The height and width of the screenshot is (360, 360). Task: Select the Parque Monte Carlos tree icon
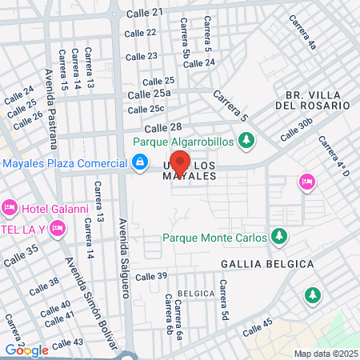[279, 236]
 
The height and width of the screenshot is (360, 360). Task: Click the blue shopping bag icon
[140, 162]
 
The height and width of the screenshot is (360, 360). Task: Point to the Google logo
[26, 350]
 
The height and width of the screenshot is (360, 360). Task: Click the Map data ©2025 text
[324, 353]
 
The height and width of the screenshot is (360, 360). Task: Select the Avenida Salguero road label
[123, 255]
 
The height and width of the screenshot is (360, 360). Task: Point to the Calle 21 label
[146, 12]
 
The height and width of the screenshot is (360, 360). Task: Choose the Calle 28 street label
[163, 128]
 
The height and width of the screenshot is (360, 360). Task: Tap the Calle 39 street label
[150, 276]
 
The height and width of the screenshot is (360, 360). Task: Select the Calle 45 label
[258, 326]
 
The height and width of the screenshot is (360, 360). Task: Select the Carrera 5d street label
[226, 298]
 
